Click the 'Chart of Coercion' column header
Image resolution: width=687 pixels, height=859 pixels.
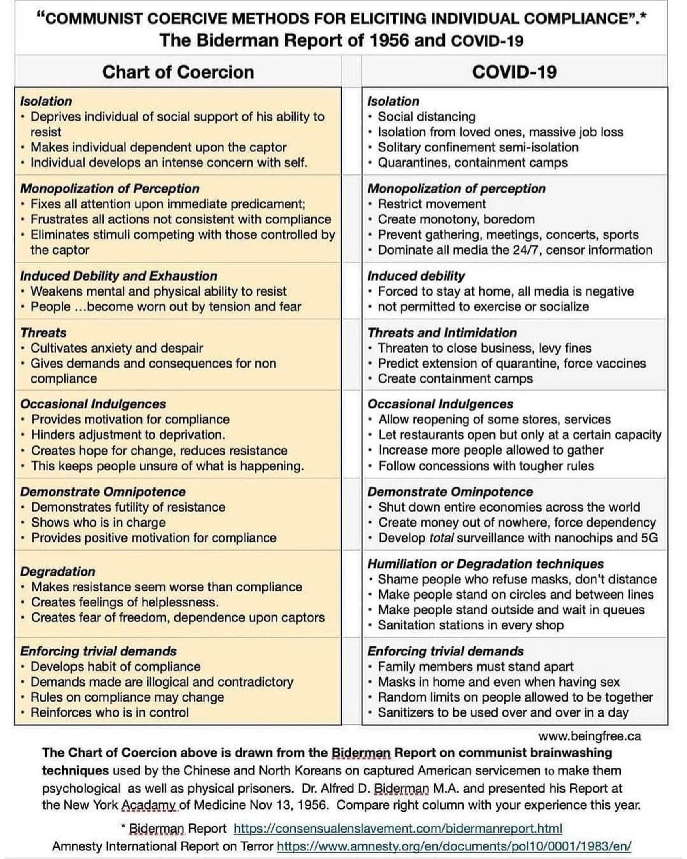(x=178, y=72)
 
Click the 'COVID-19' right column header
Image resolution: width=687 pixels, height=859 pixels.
(x=514, y=72)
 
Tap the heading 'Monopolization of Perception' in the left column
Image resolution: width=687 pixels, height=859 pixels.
(x=110, y=189)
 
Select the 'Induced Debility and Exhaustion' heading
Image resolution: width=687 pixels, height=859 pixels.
(x=119, y=276)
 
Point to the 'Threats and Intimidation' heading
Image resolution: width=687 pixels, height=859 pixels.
(x=442, y=333)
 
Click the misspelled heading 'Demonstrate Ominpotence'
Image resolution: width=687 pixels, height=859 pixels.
(x=450, y=492)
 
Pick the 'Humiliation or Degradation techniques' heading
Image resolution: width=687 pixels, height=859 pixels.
(x=485, y=564)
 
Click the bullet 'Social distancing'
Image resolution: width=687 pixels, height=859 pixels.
(x=427, y=117)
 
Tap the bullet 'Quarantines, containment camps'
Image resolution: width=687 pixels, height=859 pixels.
(x=472, y=163)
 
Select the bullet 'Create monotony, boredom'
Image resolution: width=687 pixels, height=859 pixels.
(x=456, y=219)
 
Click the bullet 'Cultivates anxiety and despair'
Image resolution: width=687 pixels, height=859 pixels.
(x=117, y=348)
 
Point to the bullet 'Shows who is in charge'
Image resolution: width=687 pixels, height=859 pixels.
(x=98, y=523)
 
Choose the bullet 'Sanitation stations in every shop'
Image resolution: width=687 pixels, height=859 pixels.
(x=470, y=625)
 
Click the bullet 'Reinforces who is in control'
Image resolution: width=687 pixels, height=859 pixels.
(x=110, y=712)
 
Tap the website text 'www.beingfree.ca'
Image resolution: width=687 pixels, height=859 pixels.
(x=589, y=736)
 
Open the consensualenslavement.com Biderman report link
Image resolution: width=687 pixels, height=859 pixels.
(x=398, y=829)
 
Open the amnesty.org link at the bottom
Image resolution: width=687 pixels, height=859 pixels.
(x=454, y=846)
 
